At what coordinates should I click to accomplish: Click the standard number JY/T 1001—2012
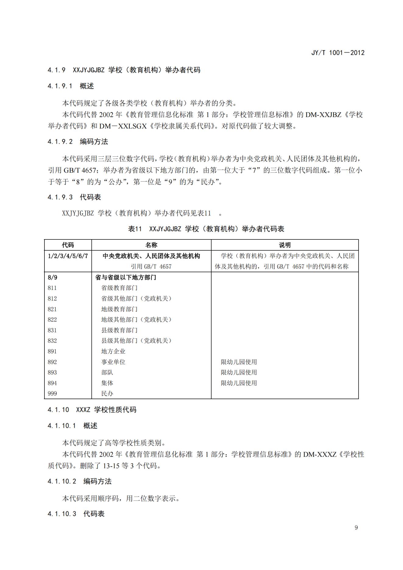pos(338,53)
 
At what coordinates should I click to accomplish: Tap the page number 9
pos(356,527)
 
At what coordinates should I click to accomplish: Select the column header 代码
pos(68,245)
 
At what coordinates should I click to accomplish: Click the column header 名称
pos(151,245)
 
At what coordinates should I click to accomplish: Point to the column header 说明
pos(285,245)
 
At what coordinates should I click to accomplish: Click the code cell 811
pos(52,288)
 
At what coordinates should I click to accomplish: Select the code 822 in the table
pos(52,320)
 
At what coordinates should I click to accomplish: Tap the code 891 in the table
pos(52,351)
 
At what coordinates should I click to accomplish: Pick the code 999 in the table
pos(52,394)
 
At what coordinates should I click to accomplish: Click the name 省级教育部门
pos(119,288)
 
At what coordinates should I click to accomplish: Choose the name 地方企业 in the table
pos(113,351)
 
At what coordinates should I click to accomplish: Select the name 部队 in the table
pos(107,372)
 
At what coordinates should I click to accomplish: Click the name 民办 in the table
pos(107,394)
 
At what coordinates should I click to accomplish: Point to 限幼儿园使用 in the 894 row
pos(239,383)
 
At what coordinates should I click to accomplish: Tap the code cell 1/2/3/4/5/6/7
pos(68,256)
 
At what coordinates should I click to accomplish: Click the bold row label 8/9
pos(52,277)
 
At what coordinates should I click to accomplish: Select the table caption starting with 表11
pos(206,229)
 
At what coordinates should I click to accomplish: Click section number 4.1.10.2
pos(62,481)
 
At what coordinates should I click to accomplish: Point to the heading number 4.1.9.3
pos(60,197)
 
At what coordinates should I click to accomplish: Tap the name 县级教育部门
pos(119,330)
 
